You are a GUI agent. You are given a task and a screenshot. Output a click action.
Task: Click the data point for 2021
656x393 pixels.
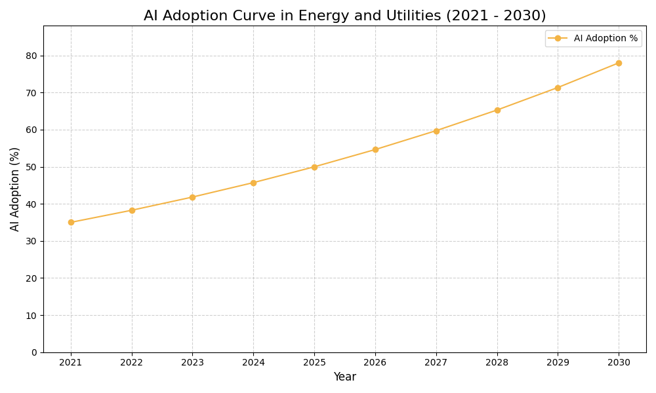(x=71, y=222)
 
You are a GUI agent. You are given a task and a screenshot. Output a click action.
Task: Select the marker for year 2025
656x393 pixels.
(x=314, y=167)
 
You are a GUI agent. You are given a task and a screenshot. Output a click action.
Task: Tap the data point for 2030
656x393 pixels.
(x=619, y=63)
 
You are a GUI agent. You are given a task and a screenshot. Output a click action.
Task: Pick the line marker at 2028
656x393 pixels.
(x=497, y=110)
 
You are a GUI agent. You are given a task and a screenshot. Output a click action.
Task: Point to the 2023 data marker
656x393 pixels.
(x=192, y=197)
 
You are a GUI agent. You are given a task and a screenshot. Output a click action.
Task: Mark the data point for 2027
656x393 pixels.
(x=436, y=131)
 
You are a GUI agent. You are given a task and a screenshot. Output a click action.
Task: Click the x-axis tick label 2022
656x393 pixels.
(x=132, y=362)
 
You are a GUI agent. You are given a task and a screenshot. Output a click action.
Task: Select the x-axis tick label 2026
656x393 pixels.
(x=375, y=362)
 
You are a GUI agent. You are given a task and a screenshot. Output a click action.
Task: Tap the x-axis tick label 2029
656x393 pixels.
(x=558, y=362)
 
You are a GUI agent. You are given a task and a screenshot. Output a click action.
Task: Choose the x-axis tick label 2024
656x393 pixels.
(x=253, y=362)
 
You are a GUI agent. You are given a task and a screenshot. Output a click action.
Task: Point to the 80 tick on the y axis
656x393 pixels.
(x=32, y=56)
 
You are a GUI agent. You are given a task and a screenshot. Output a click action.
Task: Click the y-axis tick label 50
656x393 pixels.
(x=32, y=167)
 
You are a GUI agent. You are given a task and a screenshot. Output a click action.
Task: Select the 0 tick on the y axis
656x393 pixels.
(x=35, y=352)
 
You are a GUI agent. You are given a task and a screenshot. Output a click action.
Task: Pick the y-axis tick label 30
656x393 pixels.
(x=32, y=241)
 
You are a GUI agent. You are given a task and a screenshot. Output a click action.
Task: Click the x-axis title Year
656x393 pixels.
(x=344, y=377)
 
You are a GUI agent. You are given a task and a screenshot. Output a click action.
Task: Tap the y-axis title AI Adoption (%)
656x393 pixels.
(x=15, y=189)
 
